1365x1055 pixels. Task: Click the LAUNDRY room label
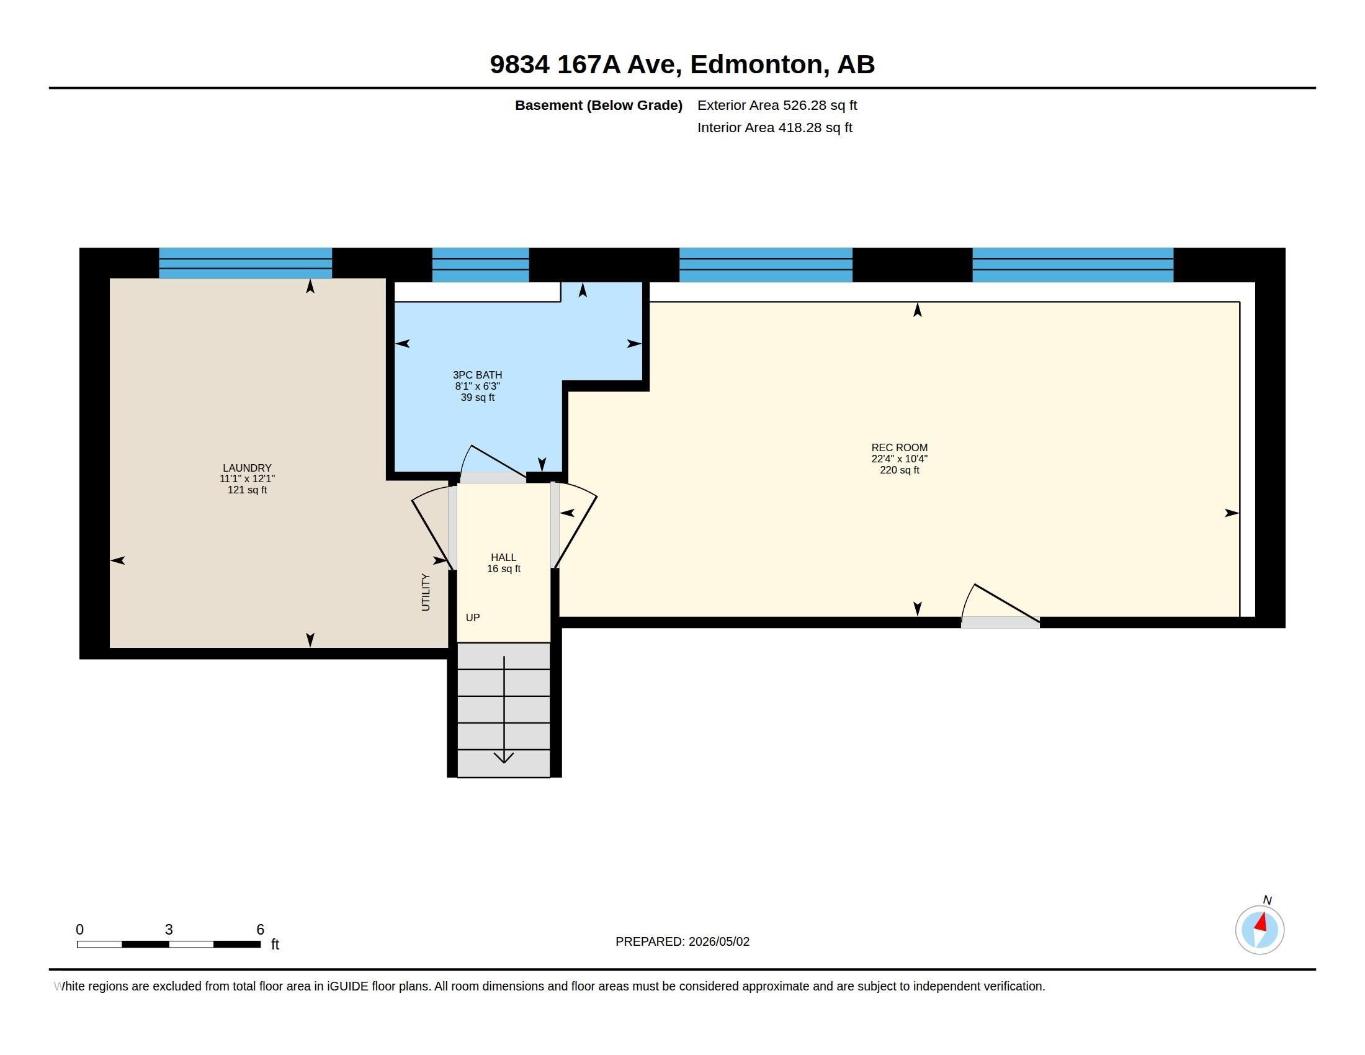247,467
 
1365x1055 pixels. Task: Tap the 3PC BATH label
478,375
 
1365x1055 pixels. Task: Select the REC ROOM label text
900,447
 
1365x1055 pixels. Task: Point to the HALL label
503,557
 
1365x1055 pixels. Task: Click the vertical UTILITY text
426,592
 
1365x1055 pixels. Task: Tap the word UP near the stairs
473,617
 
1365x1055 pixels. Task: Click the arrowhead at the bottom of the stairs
504,758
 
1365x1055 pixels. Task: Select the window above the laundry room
246,263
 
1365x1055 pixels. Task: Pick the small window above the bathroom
481,265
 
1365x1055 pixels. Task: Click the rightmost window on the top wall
1073,265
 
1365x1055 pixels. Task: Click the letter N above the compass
1267,900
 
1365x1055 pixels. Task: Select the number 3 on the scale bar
169,930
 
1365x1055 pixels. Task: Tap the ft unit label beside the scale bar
275,945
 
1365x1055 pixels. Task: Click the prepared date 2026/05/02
718,942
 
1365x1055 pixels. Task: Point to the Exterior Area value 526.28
805,105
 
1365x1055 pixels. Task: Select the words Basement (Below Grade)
599,105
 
